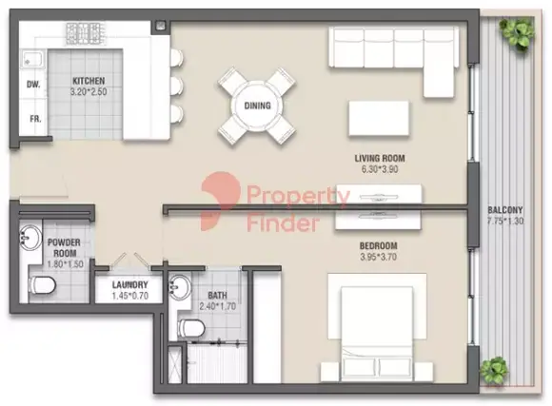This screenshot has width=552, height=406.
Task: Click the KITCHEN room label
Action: pos(89,81)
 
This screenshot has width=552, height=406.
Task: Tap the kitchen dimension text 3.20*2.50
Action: pos(89,92)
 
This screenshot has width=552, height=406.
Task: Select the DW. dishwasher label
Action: pos(33,85)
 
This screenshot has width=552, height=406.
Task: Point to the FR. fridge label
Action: pos(35,119)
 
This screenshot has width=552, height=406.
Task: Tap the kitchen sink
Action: pos(34,60)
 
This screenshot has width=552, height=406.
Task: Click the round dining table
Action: pos(257,106)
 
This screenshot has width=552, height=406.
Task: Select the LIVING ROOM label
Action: pos(380,159)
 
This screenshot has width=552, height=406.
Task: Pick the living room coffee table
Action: pos(379,118)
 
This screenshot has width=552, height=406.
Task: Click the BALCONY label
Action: pos(505,210)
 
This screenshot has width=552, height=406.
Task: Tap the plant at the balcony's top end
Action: pos(517,34)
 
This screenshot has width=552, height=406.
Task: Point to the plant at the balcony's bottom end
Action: pos(495,372)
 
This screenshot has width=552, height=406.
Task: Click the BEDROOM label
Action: pos(379,245)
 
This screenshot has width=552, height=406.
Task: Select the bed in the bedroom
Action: pos(377,328)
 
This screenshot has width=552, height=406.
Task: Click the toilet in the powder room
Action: pos(42,285)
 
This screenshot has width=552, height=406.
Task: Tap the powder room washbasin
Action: pos(30,238)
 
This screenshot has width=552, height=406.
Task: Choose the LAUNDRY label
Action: pos(129,285)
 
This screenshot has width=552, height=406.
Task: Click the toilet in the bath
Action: pos(191,327)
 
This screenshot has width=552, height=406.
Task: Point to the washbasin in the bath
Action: pos(180,287)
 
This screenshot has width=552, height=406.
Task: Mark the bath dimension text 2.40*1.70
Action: pos(218,306)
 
